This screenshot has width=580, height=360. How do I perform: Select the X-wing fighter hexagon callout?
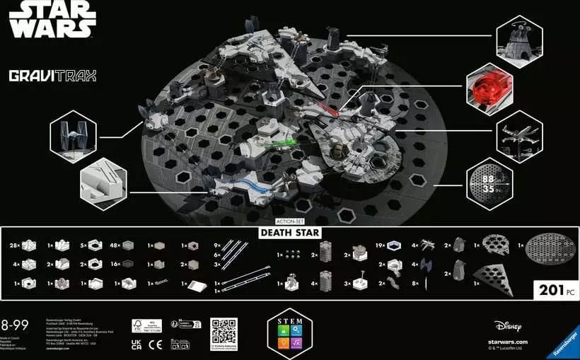(519, 133)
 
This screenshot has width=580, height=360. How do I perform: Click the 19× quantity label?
(379, 246)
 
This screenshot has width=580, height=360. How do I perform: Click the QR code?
(224, 331)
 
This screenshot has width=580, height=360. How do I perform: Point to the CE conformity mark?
(158, 344)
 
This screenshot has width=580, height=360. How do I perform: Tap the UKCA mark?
(138, 344)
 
